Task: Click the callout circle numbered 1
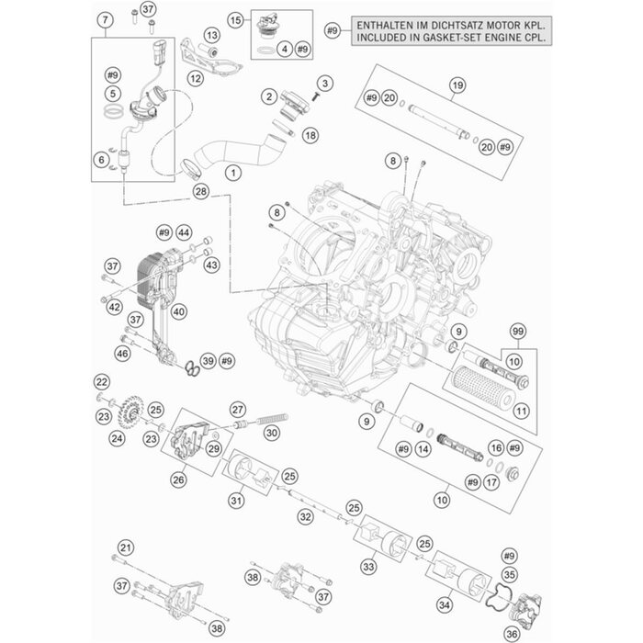click(x=233, y=173)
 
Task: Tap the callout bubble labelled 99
click(x=518, y=332)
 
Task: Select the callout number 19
click(x=457, y=85)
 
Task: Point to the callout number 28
click(x=201, y=191)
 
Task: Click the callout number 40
click(x=179, y=311)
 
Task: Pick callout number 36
click(x=512, y=634)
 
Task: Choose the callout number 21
click(x=126, y=547)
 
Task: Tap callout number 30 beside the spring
click(x=272, y=433)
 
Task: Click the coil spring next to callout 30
click(x=272, y=419)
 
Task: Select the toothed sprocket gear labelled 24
click(x=131, y=412)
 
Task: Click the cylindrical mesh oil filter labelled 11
click(x=482, y=386)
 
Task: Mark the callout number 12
click(x=196, y=78)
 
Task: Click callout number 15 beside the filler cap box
click(x=235, y=20)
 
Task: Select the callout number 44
click(x=184, y=233)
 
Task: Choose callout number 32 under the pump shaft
click(x=306, y=517)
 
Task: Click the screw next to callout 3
click(x=315, y=96)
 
